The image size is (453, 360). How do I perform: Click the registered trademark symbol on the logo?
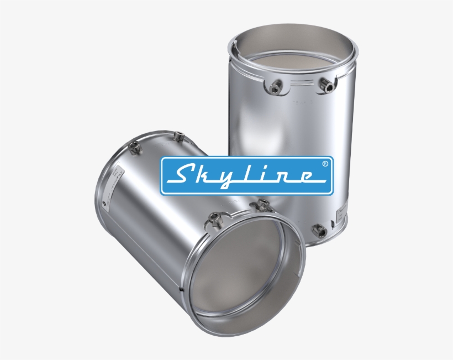324,163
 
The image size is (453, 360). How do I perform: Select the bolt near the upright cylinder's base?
318,230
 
